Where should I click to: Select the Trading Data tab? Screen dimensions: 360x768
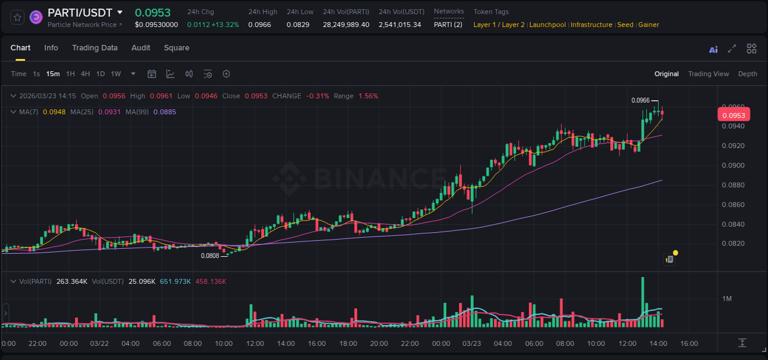coord(95,48)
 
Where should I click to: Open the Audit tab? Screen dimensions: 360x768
coord(141,48)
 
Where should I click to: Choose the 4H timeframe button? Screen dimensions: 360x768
coord(85,74)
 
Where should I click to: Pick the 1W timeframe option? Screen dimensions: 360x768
coord(116,74)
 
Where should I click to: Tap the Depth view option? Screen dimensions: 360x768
coord(747,74)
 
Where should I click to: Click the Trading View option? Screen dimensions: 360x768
coord(708,74)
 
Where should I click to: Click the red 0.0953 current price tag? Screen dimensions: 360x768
coord(733,115)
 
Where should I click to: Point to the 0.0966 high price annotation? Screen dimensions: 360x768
coord(640,100)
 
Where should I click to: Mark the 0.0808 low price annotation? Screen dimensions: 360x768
coord(210,256)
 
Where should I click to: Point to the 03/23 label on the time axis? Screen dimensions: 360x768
coord(471,343)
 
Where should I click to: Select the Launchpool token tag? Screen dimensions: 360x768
coord(547,25)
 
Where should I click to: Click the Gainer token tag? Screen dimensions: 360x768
coord(648,25)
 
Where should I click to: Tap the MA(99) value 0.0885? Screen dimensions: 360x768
coord(165,112)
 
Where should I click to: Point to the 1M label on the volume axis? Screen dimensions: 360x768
coord(727,299)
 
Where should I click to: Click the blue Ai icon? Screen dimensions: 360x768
coord(713,50)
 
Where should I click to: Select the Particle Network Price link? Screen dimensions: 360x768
coord(85,25)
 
